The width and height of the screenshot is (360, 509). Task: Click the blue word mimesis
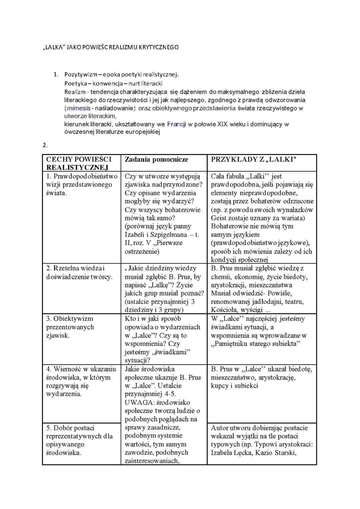coord(79,108)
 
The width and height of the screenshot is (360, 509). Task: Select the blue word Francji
coord(176,124)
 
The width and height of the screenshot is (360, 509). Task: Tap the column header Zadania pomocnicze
coord(156,159)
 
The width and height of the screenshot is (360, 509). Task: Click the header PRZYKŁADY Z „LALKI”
coord(254,159)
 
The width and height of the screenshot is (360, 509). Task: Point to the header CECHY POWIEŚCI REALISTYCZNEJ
coord(79,163)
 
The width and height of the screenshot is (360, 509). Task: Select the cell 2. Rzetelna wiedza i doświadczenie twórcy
coord(79,272)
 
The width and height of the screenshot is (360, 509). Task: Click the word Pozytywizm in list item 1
coord(79,74)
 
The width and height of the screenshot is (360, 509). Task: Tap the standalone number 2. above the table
coord(45,145)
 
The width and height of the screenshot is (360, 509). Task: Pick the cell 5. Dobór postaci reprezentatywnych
coord(79,440)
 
